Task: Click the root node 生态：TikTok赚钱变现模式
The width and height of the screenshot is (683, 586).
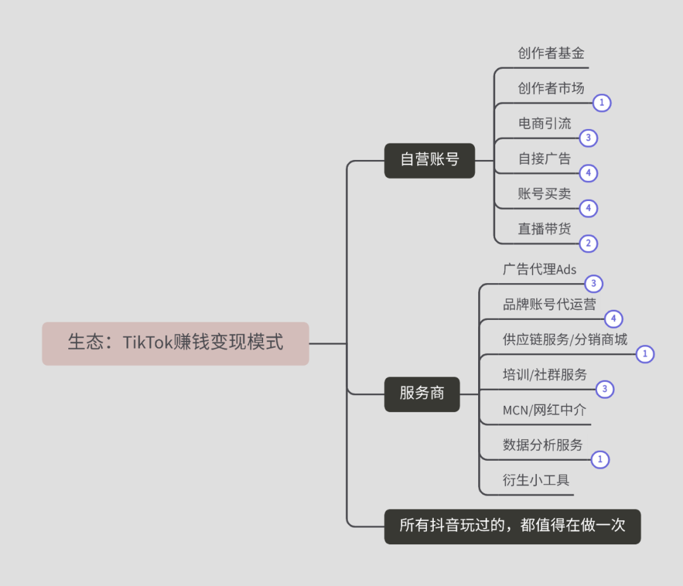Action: [x=175, y=343]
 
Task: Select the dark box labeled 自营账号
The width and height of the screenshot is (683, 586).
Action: [x=429, y=160]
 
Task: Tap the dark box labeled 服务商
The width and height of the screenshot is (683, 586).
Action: [x=422, y=393]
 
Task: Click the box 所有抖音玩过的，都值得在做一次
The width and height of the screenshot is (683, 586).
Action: [x=512, y=526]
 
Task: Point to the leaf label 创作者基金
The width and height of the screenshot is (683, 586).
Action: [x=551, y=54]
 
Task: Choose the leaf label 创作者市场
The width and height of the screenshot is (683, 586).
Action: [x=551, y=89]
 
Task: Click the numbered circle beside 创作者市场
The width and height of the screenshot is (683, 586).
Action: [x=602, y=102]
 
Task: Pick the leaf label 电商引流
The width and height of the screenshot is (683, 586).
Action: [x=545, y=123]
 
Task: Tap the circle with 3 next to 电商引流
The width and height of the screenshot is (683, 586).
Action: [x=589, y=138]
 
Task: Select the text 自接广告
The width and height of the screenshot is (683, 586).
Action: [x=545, y=159]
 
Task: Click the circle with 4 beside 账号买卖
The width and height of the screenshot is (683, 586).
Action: [x=589, y=208]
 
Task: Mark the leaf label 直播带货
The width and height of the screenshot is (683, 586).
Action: [x=545, y=229]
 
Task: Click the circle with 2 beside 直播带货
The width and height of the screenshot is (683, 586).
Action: [x=589, y=243]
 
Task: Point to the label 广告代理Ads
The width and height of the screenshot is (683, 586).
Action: [x=539, y=270]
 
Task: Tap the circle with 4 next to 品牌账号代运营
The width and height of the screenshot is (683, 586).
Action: [x=613, y=319]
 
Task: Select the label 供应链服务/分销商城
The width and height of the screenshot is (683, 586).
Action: [x=565, y=339]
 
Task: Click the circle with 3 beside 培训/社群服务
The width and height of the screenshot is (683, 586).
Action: [x=605, y=389]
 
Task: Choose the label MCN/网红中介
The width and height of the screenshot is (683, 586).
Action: [x=545, y=410]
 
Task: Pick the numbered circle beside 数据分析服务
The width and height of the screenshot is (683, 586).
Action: [x=600, y=460]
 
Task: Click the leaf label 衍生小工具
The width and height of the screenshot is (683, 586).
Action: [x=536, y=480]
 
